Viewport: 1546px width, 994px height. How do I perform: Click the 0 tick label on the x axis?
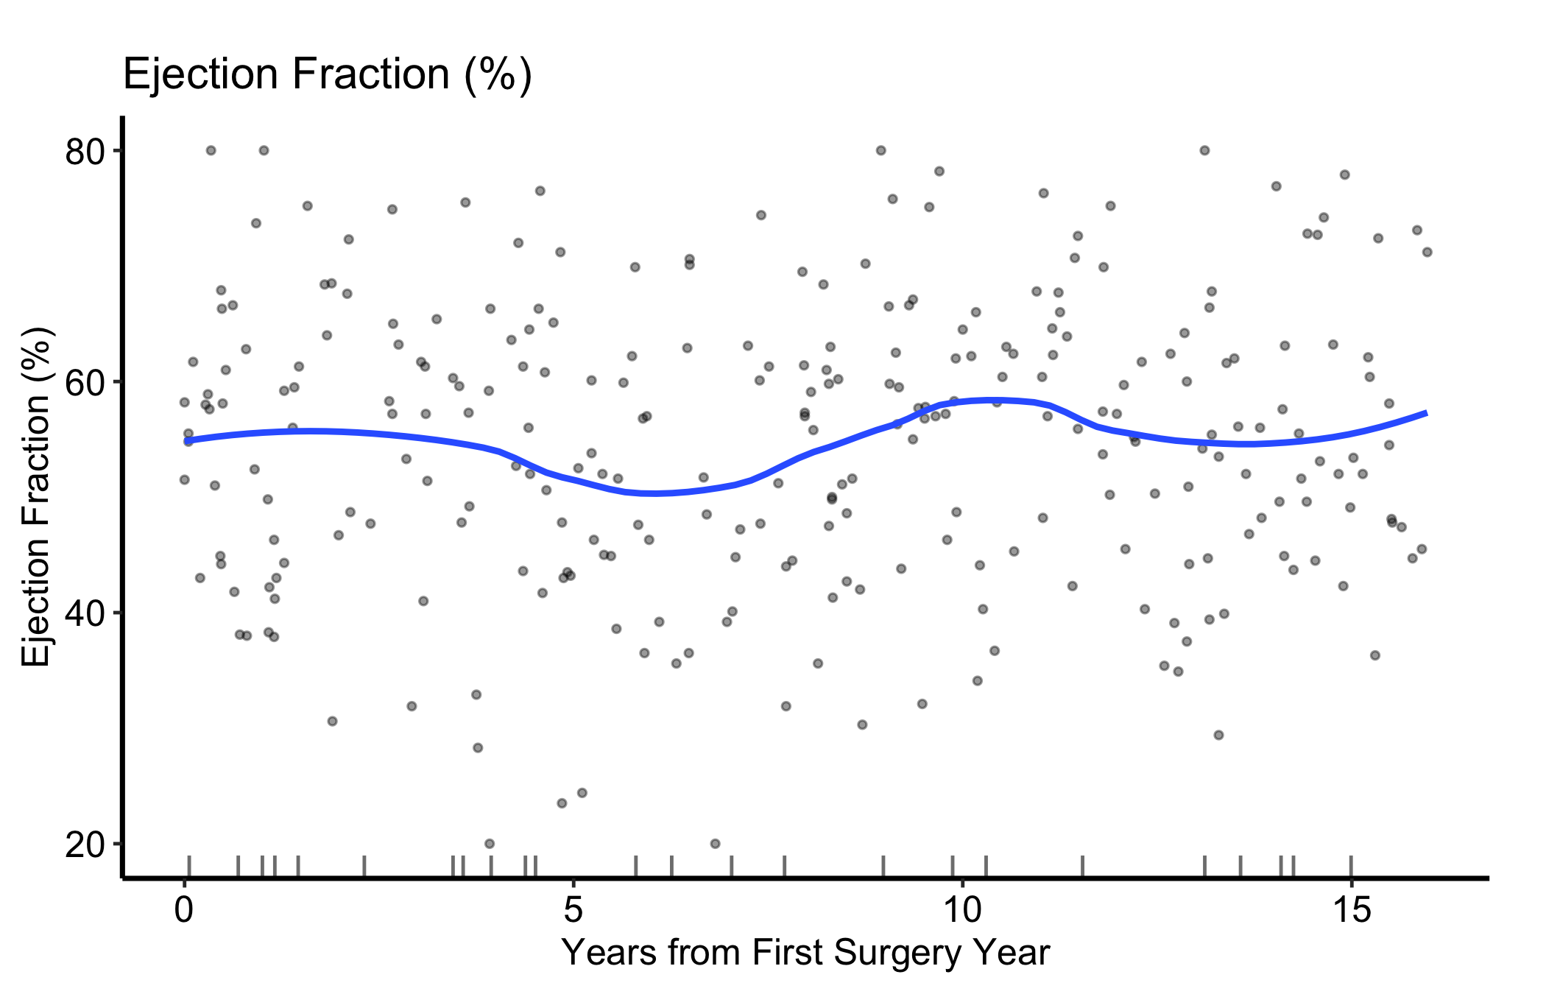click(x=184, y=911)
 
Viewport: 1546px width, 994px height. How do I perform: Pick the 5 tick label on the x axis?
click(x=573, y=911)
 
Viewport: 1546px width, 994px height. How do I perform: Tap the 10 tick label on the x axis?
click(x=961, y=911)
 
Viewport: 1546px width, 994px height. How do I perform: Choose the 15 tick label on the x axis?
click(x=1351, y=911)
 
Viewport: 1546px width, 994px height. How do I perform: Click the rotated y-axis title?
click(x=36, y=498)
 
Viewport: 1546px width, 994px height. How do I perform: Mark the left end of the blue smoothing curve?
click(x=186, y=440)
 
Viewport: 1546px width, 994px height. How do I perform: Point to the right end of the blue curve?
click(x=1427, y=413)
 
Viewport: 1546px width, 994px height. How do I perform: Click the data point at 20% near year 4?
click(x=490, y=844)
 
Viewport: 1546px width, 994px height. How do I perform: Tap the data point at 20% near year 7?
click(x=715, y=844)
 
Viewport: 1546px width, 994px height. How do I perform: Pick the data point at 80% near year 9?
click(x=880, y=150)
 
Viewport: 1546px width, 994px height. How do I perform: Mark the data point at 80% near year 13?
click(x=1204, y=150)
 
